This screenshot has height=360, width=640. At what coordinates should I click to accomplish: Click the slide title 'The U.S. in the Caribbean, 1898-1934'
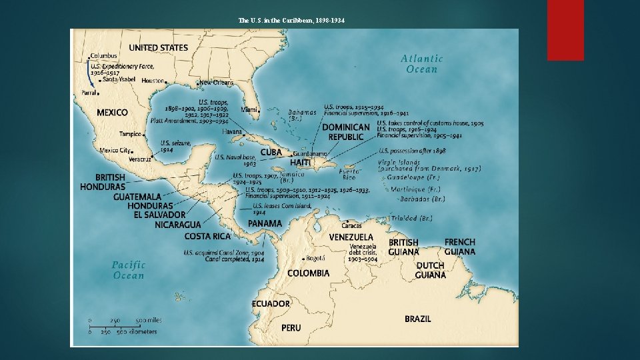(291, 20)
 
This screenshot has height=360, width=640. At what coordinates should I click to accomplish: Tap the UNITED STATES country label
(158, 48)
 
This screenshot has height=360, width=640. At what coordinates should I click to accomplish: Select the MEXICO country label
(112, 113)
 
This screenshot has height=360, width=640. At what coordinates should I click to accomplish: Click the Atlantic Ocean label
(421, 64)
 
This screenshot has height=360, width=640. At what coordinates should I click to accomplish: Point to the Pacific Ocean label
(128, 270)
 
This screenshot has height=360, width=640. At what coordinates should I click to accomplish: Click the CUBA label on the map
(271, 152)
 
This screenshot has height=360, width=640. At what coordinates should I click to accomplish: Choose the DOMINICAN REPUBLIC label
(346, 132)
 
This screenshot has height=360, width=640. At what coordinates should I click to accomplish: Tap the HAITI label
(300, 163)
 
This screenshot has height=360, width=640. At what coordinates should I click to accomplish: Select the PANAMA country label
(265, 223)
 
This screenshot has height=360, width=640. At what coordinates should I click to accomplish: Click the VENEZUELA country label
(351, 237)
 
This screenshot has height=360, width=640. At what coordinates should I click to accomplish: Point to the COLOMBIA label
(308, 273)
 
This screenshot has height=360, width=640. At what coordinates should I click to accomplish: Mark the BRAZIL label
(417, 319)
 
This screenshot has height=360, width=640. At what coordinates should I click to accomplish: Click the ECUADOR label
(271, 304)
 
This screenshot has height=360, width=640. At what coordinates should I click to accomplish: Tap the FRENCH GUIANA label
(460, 247)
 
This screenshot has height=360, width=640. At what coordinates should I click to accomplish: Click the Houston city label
(153, 81)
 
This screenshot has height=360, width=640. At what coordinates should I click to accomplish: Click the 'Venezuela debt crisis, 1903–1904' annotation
(363, 253)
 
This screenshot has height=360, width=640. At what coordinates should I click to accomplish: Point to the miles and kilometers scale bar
(125, 325)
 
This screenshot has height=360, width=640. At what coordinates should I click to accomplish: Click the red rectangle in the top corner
(565, 29)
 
